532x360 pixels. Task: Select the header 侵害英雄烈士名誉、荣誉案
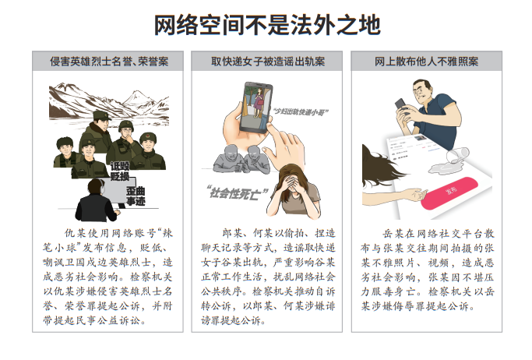coord(109,60)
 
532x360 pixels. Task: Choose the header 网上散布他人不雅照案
coord(425,60)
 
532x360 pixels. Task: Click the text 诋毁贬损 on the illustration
coord(119,171)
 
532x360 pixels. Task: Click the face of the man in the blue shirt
coord(425,94)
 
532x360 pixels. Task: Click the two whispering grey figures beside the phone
coord(238,156)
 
